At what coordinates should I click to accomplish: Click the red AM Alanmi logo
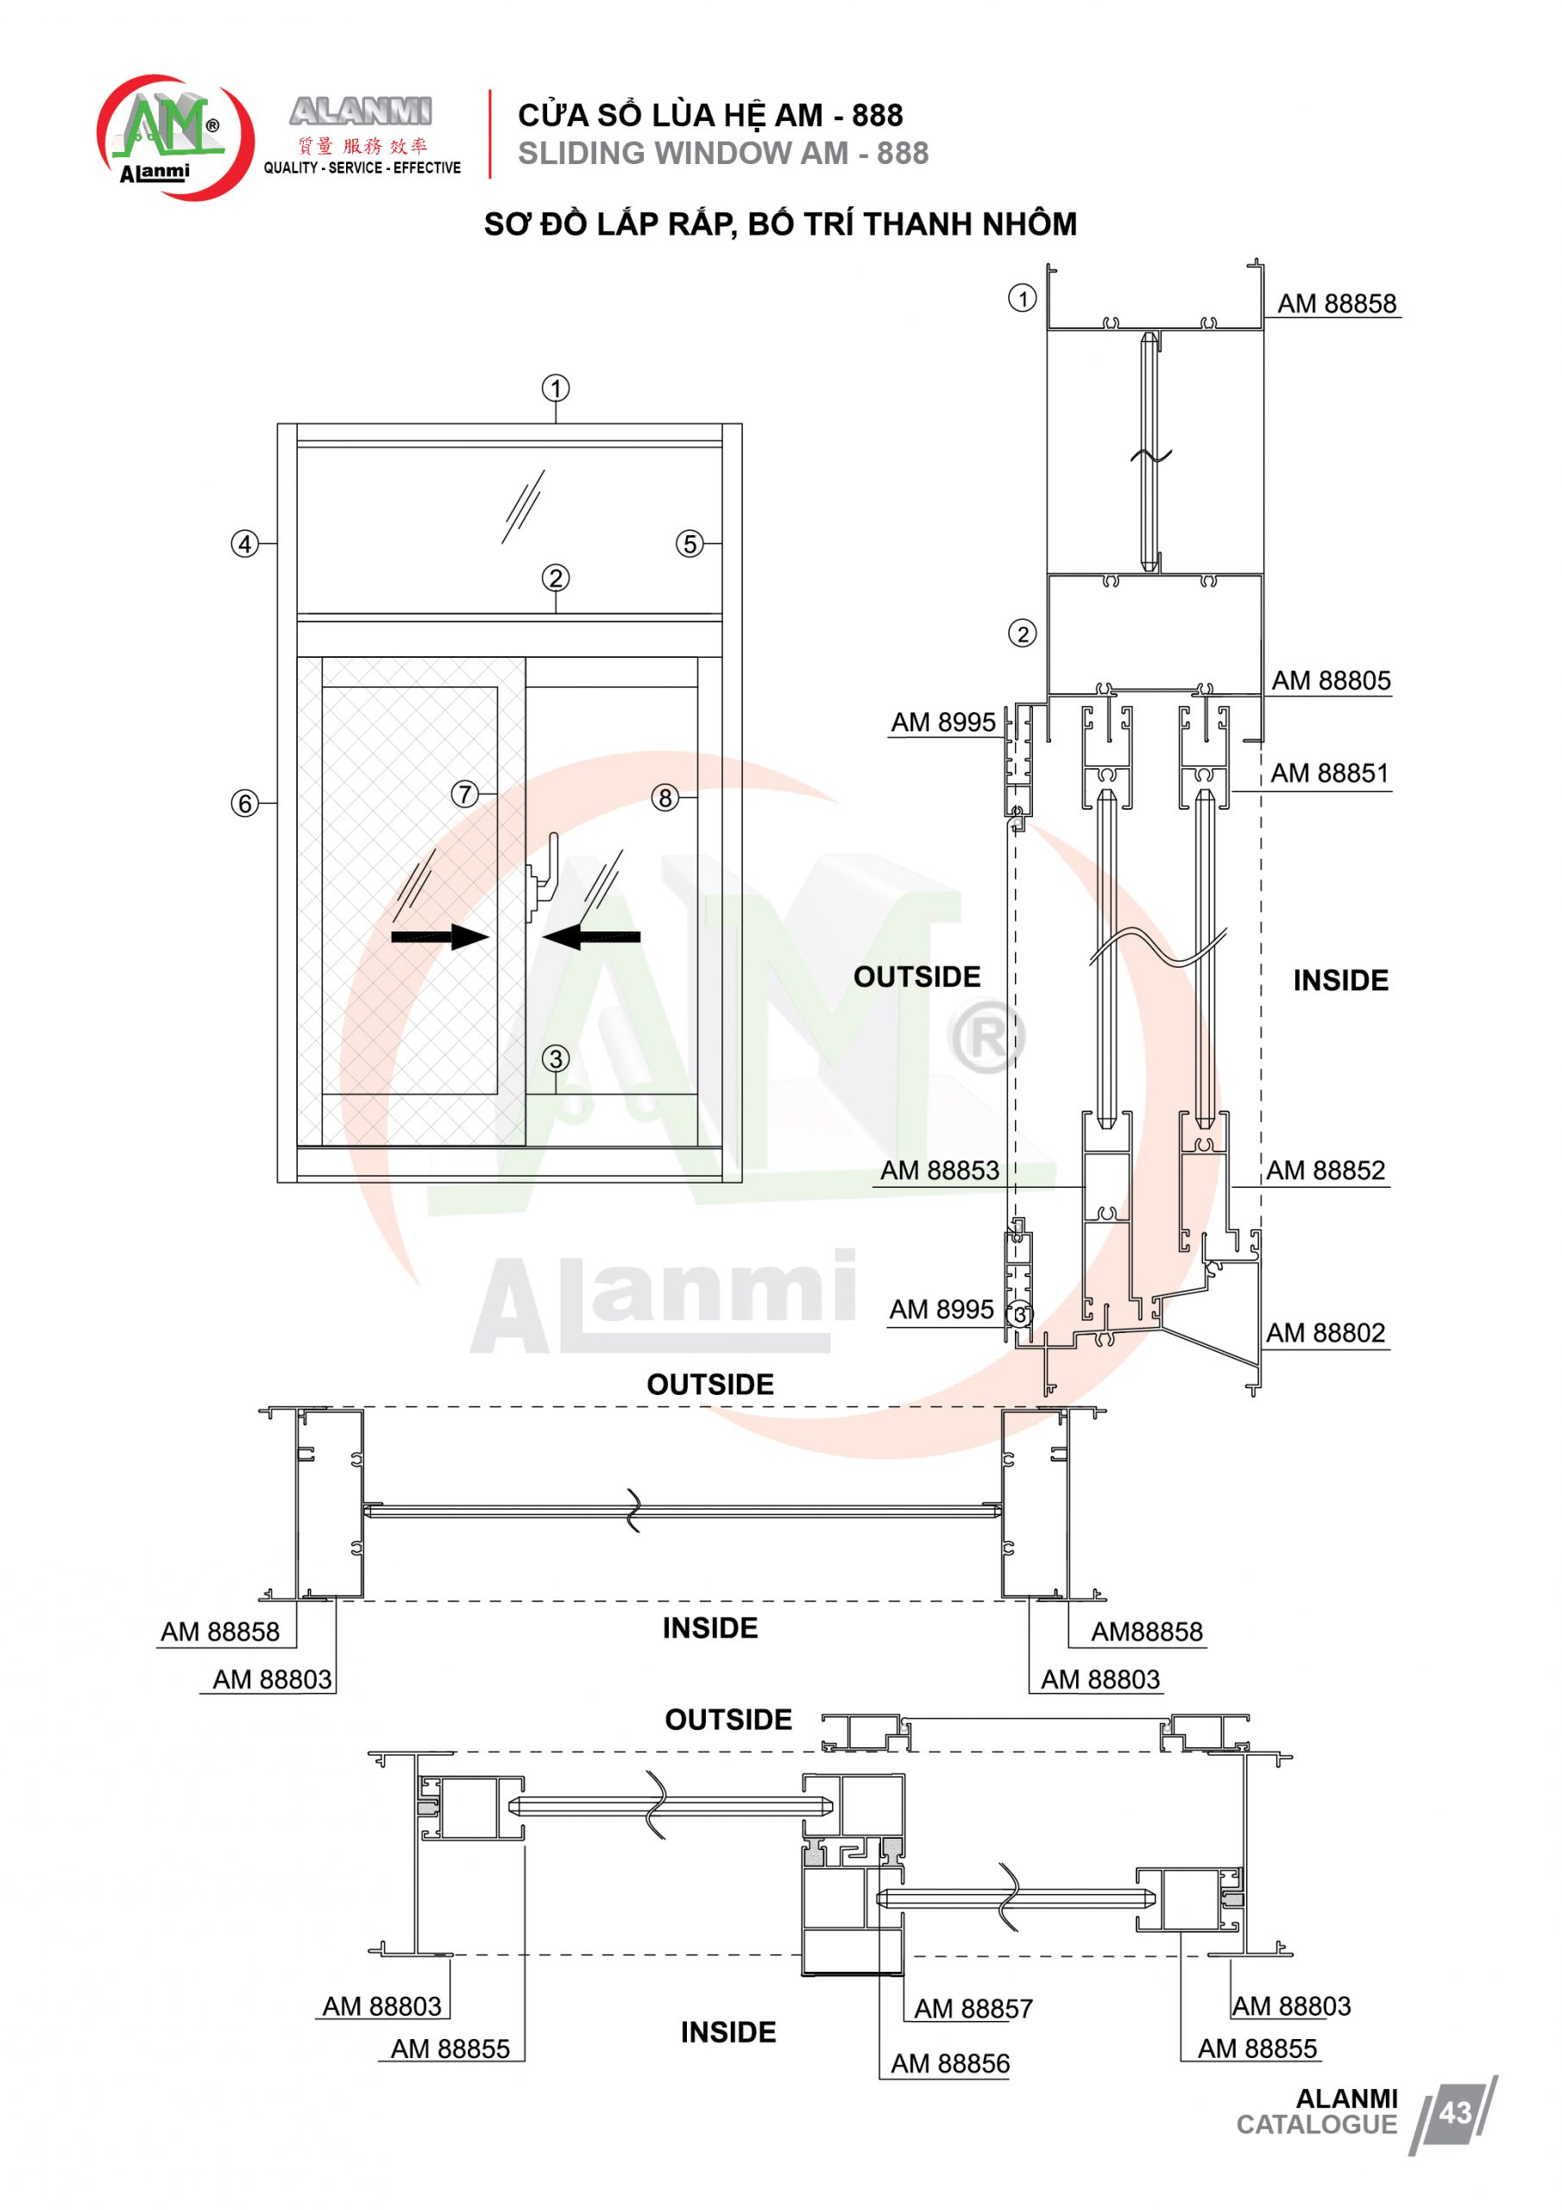tap(175, 136)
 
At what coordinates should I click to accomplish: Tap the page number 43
tap(1454, 2112)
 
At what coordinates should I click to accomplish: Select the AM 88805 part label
tap(1331, 680)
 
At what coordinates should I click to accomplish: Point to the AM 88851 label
tap(1329, 773)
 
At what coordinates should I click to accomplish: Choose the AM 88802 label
tap(1326, 1333)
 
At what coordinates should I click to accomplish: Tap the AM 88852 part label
tap(1326, 1171)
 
